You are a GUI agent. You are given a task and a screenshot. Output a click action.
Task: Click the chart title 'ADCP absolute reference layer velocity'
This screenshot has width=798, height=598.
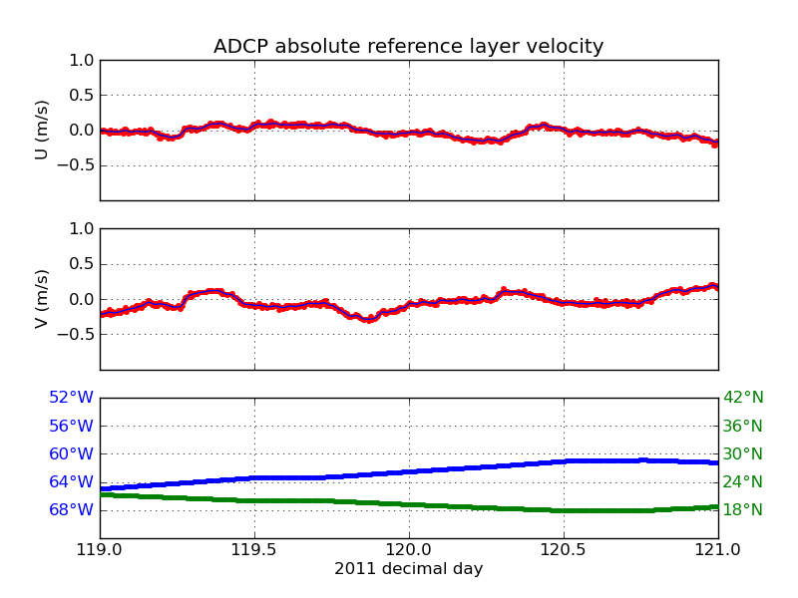(408, 47)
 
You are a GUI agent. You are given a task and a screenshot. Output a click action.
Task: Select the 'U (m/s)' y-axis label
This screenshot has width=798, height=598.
(42, 130)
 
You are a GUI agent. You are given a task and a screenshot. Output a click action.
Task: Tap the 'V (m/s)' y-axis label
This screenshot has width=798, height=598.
(42, 298)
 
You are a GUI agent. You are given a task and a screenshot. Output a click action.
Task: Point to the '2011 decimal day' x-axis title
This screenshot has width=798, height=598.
(408, 569)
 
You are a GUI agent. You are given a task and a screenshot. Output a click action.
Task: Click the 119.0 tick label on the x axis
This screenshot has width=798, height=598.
(100, 550)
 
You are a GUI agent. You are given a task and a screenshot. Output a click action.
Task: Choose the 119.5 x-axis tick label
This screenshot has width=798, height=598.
(254, 550)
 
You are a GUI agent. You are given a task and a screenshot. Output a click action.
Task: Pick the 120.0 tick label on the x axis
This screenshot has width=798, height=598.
(409, 550)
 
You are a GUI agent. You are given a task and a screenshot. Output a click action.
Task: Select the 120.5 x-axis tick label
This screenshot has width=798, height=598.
(564, 550)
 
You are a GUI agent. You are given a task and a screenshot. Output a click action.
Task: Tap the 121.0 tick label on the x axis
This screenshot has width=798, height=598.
(718, 550)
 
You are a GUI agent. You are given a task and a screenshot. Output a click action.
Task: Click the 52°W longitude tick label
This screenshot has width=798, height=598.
(71, 398)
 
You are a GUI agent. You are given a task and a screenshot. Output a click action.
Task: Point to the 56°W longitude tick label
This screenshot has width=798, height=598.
(71, 426)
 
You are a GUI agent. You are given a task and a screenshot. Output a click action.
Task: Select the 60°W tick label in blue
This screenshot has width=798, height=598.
(71, 453)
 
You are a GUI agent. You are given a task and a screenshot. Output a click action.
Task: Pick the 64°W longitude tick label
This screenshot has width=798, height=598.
(71, 481)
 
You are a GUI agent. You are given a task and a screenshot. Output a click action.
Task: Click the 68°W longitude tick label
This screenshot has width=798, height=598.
(71, 509)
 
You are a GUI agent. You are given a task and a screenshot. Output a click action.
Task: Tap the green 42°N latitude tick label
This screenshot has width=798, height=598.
(743, 398)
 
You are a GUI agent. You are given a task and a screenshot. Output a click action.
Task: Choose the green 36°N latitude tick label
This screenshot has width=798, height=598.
(743, 426)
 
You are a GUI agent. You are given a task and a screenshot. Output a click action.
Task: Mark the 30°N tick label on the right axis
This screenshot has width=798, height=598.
(743, 453)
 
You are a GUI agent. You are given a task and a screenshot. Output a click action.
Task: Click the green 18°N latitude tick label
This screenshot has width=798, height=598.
(743, 509)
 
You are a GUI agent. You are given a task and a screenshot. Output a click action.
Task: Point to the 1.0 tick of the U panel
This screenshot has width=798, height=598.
(83, 61)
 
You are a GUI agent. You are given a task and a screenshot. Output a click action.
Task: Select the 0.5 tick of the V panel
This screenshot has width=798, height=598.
(83, 264)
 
